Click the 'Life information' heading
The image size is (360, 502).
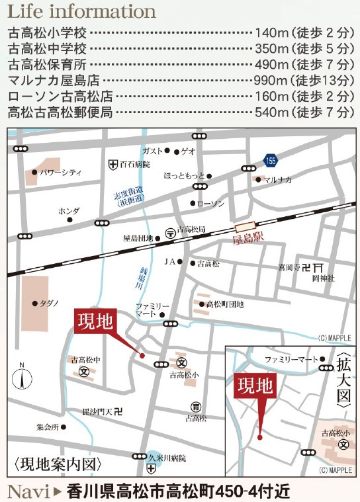tap(81, 11)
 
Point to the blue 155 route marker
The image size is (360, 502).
tap(271, 160)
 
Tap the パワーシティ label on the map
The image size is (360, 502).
tap(60, 173)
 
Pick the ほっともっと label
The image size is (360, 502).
tap(183, 177)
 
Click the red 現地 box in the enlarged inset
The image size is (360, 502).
tap(255, 386)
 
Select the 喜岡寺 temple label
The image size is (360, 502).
tap(289, 268)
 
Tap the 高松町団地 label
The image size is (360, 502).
tap(225, 304)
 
